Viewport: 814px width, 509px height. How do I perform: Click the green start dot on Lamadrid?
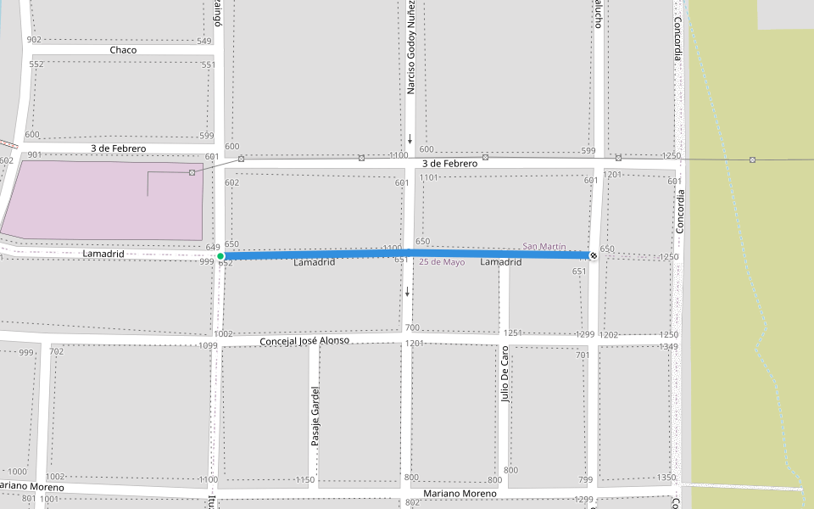(x=220, y=255)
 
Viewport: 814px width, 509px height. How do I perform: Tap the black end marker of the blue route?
(x=593, y=255)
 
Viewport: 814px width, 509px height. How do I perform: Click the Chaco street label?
(x=123, y=50)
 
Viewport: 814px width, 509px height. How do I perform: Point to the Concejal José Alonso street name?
(x=304, y=341)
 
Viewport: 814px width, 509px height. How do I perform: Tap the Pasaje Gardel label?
(x=315, y=417)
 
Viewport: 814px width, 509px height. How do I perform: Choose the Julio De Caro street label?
(x=504, y=373)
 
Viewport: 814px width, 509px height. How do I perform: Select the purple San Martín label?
(x=544, y=246)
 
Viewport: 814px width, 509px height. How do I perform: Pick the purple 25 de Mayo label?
(x=442, y=262)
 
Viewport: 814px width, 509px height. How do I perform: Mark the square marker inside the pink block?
(x=192, y=173)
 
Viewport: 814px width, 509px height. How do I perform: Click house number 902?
(x=34, y=40)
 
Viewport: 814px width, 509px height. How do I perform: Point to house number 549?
(x=203, y=42)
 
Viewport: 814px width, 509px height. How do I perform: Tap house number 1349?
(x=668, y=347)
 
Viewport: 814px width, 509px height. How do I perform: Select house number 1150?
(x=305, y=480)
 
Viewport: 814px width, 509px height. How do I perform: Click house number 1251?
(x=510, y=334)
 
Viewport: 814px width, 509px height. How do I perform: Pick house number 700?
(x=412, y=328)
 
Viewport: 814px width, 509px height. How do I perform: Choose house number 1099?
(x=208, y=346)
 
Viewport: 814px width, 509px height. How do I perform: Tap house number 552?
(x=36, y=64)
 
